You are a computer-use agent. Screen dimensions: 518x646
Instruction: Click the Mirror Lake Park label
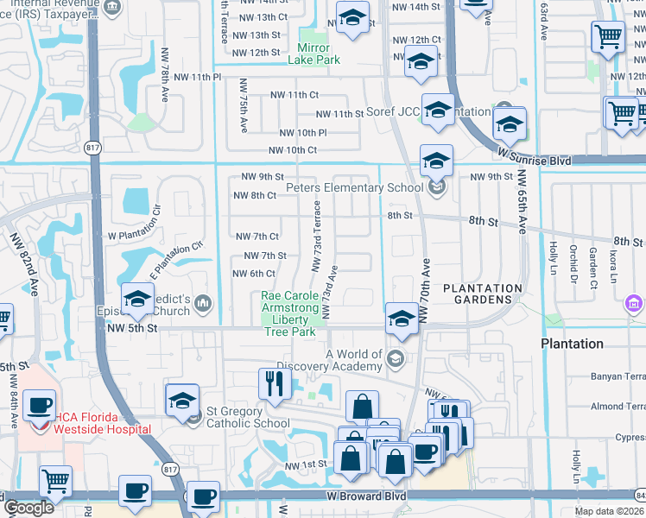[319, 54]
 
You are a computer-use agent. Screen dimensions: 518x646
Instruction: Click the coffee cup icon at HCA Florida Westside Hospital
[41, 406]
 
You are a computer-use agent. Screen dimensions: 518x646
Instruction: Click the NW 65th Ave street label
[522, 201]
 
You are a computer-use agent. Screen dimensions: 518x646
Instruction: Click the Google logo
[28, 508]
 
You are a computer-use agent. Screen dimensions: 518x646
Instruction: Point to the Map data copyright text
[609, 511]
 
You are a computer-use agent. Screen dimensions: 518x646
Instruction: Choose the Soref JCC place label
[380, 113]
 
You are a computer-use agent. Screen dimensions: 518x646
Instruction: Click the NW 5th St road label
[130, 328]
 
